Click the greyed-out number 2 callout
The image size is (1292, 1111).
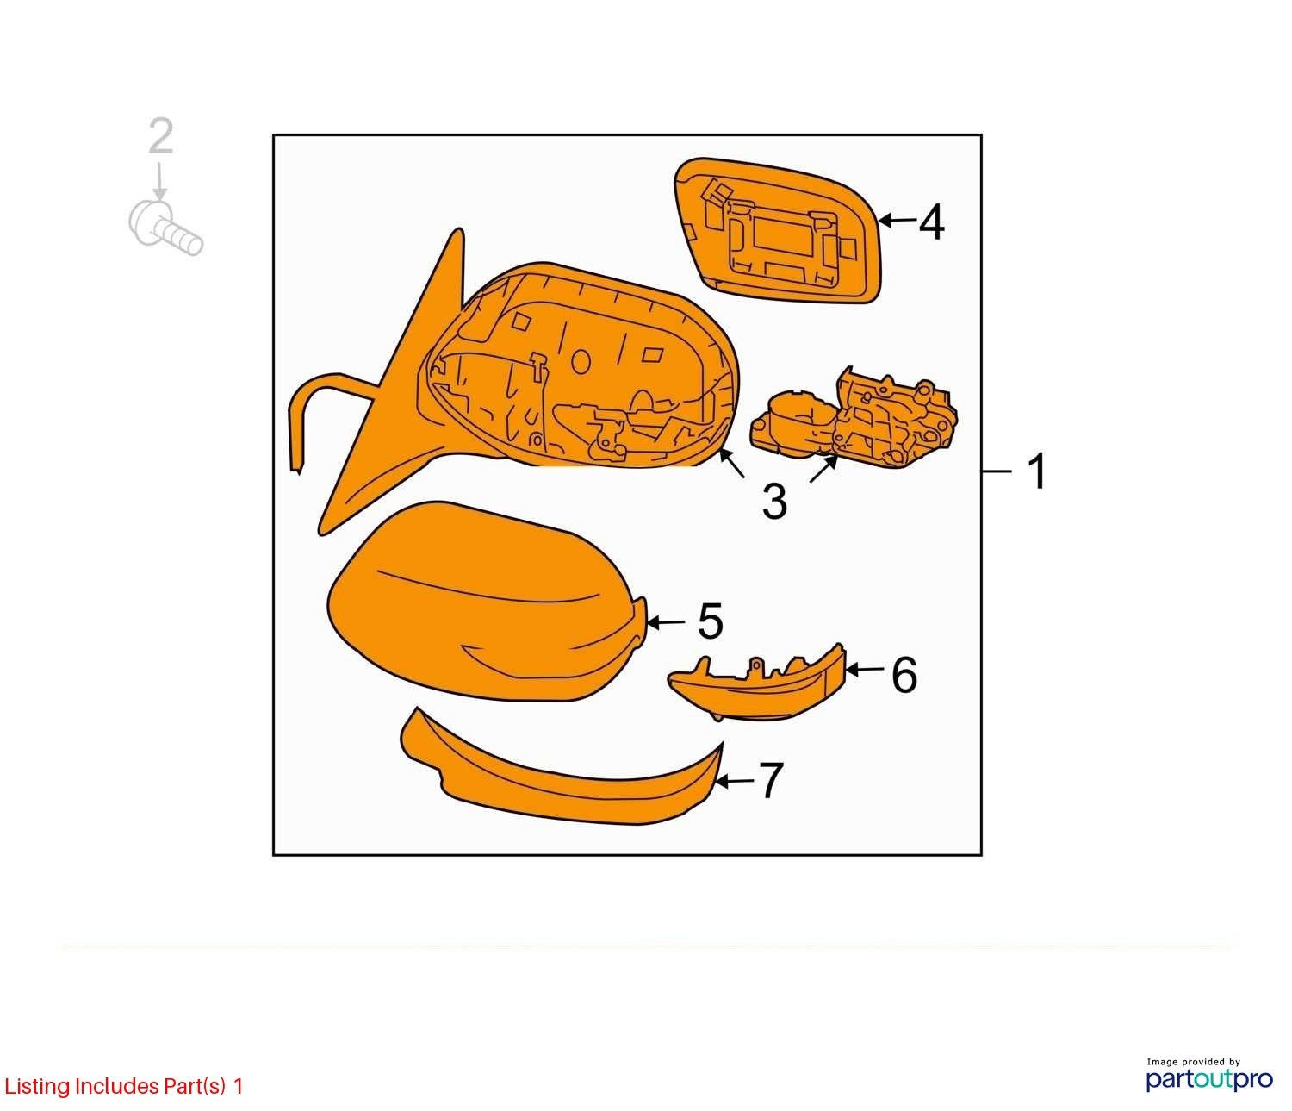coord(161,135)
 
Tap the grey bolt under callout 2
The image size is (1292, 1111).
coord(165,228)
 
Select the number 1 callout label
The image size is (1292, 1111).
coord(1037,471)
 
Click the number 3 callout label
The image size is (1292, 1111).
coord(774,501)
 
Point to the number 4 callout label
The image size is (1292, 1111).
coord(931,222)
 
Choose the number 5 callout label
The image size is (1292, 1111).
coord(710,621)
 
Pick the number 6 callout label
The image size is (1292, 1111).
coord(904,675)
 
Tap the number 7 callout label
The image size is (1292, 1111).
coord(770,780)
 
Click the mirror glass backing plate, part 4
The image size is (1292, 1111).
coord(778,230)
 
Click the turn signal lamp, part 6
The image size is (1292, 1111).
coord(758,682)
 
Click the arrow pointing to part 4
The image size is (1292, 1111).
coord(898,220)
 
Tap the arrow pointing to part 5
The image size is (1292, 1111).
coord(667,622)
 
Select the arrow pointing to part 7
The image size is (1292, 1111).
coord(735,781)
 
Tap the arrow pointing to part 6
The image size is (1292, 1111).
coord(865,670)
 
